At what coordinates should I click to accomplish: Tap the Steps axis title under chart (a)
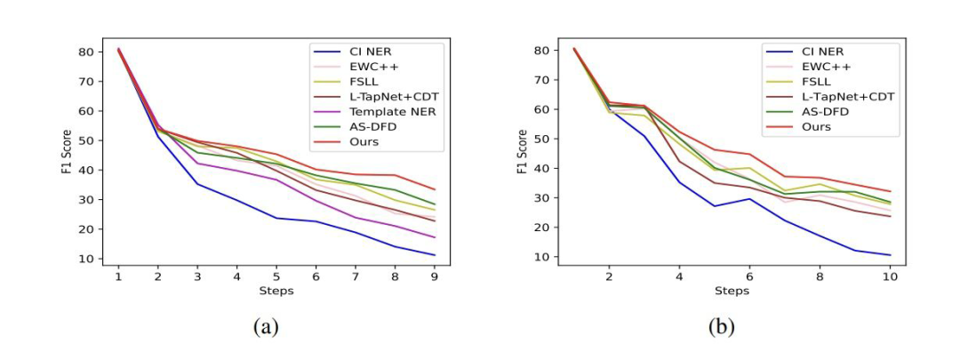click(276, 291)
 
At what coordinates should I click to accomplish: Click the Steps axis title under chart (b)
click(731, 291)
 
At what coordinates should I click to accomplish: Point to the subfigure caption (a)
click(265, 327)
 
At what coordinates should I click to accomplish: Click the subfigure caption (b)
click(722, 327)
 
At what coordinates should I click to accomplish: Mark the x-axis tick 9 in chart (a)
click(434, 276)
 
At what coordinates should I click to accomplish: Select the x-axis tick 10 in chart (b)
click(889, 276)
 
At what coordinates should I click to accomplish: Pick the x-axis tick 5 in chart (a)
click(276, 276)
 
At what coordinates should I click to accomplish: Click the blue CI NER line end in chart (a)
click(434, 255)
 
